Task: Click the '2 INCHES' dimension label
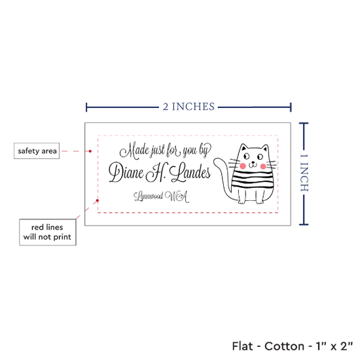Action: point(189,107)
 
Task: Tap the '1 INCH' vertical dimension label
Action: point(304,173)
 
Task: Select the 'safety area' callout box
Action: point(37,151)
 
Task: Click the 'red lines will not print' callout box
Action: point(48,232)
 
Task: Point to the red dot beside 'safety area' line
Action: point(90,151)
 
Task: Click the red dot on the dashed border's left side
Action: point(98,200)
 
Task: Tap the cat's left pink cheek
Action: point(242,166)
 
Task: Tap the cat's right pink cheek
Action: point(263,166)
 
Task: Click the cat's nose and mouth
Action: point(253,164)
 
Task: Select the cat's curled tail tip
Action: point(217,162)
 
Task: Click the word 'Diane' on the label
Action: point(126,172)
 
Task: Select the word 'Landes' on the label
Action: point(190,171)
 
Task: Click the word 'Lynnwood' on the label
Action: point(149,196)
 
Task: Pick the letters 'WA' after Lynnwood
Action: point(177,196)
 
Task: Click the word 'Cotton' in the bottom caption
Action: point(284,346)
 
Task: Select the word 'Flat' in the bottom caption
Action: point(242,346)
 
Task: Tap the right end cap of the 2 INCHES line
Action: point(291,107)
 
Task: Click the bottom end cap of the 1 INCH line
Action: point(304,225)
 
